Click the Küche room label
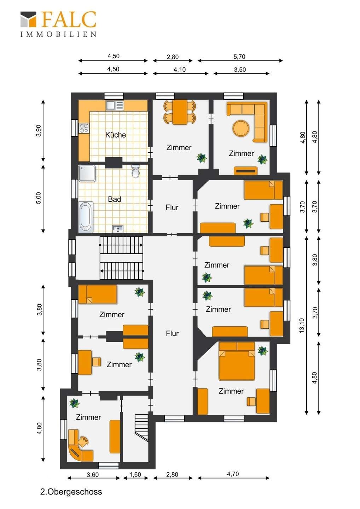click(x=115, y=135)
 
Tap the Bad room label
click(x=114, y=199)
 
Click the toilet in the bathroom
click(x=135, y=171)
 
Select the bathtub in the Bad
click(x=86, y=217)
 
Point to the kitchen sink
click(x=115, y=106)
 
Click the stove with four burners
click(x=84, y=128)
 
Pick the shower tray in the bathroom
click(x=87, y=173)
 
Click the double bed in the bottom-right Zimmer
click(x=237, y=361)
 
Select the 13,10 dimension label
click(x=301, y=326)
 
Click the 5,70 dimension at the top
click(x=239, y=57)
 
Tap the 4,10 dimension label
click(x=180, y=70)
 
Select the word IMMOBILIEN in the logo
click(x=59, y=34)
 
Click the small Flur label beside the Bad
click(x=172, y=207)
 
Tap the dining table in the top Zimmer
click(x=180, y=112)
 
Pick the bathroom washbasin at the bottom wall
click(x=118, y=229)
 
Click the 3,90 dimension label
click(x=39, y=131)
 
